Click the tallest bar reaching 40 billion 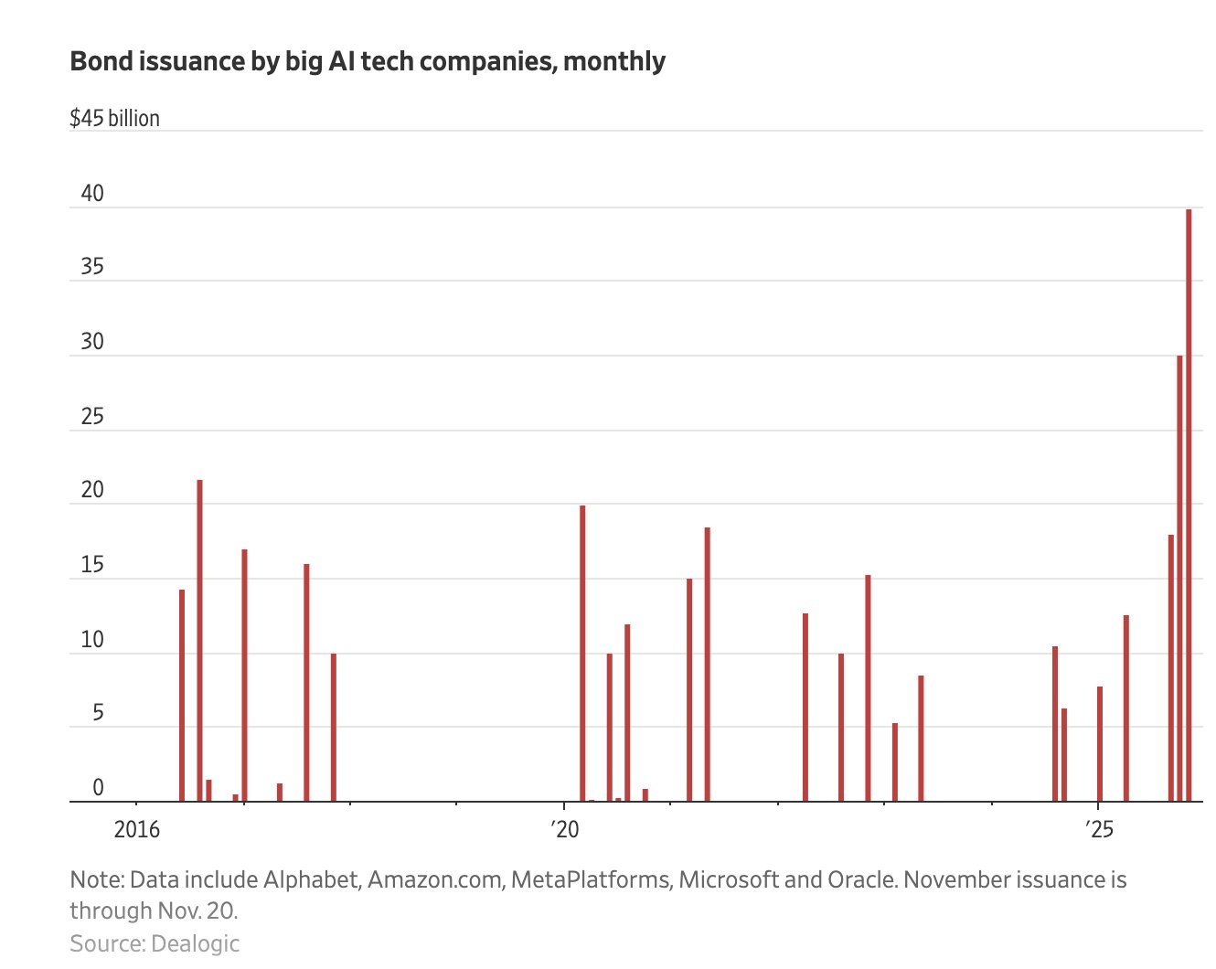1189,503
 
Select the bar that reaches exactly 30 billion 1179,576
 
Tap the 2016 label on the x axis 137,829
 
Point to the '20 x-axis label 565,829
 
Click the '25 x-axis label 1099,829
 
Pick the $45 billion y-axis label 114,119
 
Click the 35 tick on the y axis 92,267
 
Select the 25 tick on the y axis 92,417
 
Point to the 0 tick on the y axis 98,788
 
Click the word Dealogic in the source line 195,943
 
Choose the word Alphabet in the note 311,879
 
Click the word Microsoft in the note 729,879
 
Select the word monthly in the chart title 614,62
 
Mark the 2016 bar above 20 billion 199,640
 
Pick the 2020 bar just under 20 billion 582,654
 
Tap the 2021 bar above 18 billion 707,665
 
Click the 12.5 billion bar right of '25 1125,708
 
